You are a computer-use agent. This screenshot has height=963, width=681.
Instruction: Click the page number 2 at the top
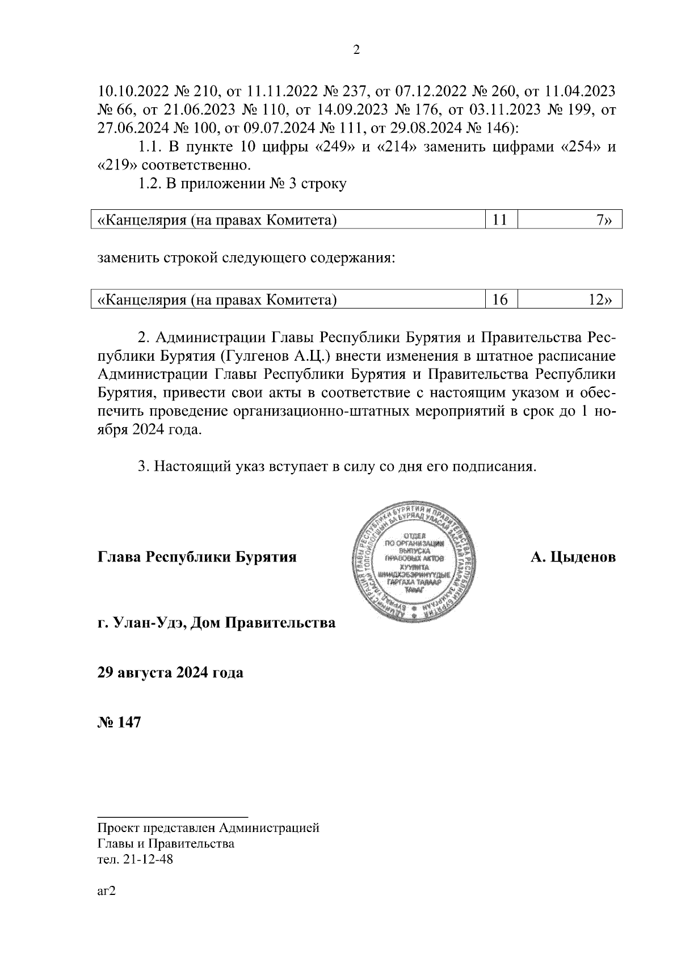(356, 50)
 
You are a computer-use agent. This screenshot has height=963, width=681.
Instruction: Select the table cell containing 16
(500, 299)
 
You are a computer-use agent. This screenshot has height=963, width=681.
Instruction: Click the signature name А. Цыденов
(573, 557)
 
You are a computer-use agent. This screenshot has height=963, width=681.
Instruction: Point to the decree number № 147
(119, 723)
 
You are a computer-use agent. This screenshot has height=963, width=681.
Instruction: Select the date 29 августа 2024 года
(170, 673)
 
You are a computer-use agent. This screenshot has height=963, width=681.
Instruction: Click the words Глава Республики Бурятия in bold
(197, 557)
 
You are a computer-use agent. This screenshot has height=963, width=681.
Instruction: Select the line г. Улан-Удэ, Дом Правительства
(216, 623)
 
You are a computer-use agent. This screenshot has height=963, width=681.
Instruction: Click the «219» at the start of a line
(116, 166)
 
